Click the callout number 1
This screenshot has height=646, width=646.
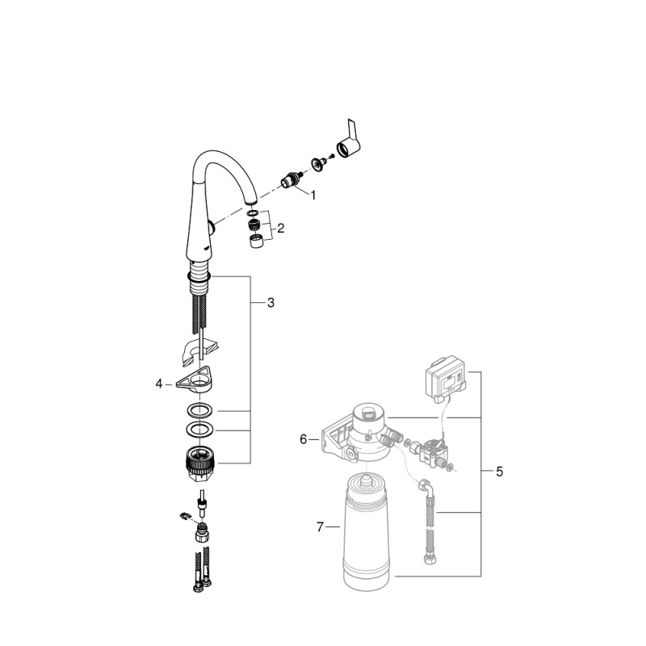pos(313,195)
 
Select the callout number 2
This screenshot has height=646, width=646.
pos(280,228)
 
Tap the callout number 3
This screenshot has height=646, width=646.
pos(271,303)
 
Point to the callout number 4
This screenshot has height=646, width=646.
pos(159,384)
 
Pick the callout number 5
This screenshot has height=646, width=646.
pos(499,472)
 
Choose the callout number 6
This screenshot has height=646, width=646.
pos(304,439)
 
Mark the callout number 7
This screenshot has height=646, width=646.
pos(320,526)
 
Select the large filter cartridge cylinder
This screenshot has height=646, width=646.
pos(367,531)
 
